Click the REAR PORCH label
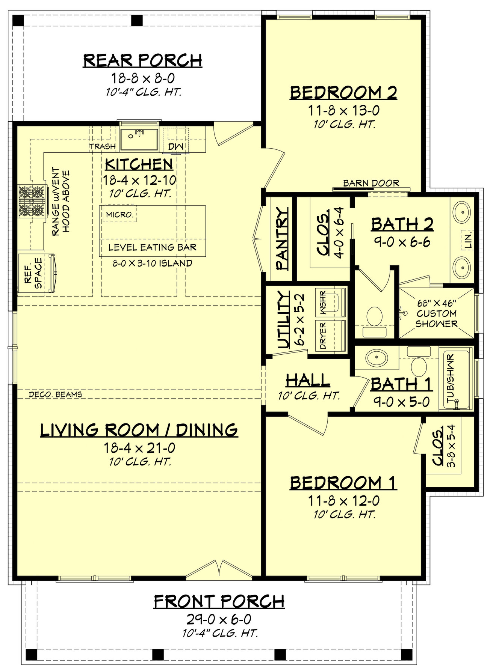(142, 60)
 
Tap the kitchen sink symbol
(139, 139)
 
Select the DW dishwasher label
(175, 146)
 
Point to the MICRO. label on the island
(119, 215)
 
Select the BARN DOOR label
(371, 183)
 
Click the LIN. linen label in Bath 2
(467, 239)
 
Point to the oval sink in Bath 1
(377, 358)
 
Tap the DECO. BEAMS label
(56, 394)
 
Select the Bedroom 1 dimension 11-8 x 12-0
(343, 501)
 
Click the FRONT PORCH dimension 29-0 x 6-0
(219, 619)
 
